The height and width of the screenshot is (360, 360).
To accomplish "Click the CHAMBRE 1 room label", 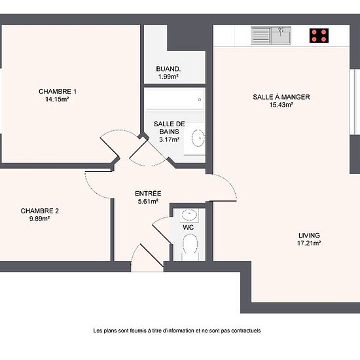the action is (58, 92).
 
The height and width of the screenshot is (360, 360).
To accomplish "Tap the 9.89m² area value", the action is (40, 219).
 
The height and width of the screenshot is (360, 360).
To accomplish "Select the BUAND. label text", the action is (168, 69).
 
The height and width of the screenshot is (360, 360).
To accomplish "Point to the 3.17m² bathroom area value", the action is (170, 139).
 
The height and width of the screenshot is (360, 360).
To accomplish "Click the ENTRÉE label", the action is (148, 193).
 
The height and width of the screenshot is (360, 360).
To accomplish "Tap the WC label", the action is (189, 227).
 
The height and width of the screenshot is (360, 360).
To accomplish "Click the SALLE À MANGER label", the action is (281, 97).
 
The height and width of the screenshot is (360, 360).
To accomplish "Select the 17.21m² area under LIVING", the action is (309, 243).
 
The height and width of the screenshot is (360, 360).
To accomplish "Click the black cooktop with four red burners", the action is (319, 36).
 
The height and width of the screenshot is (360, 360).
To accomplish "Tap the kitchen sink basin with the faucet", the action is (281, 35).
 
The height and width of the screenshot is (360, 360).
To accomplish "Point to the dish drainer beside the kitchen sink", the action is (261, 35).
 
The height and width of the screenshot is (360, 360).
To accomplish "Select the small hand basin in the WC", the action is (189, 215).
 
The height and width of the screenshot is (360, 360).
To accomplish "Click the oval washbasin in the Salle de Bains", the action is (198, 138).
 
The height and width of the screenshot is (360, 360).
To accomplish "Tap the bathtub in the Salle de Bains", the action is (175, 99).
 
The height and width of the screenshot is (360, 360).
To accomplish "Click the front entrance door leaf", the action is (152, 255).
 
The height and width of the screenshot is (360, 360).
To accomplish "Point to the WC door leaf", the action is (162, 234).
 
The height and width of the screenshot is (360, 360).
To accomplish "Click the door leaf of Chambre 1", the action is (110, 148).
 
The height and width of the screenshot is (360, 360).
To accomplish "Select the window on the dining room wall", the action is (355, 101).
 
